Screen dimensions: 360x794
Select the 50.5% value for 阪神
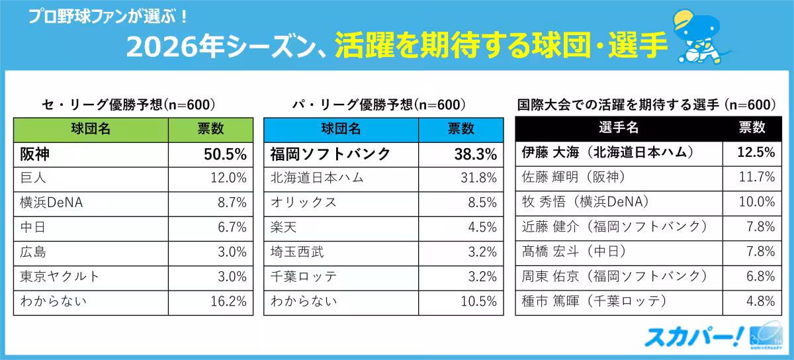(x=225, y=155)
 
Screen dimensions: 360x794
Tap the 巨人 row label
(x=33, y=178)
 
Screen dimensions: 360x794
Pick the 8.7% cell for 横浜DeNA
(x=232, y=202)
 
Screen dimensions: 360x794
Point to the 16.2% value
(x=228, y=302)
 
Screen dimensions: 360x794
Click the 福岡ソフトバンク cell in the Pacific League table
(x=330, y=155)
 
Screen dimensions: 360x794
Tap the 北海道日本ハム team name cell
(x=317, y=178)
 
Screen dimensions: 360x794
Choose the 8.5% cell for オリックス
(x=482, y=202)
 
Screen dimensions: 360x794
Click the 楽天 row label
(x=284, y=228)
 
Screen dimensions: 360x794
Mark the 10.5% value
(x=479, y=302)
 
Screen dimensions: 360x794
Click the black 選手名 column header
(x=618, y=128)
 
